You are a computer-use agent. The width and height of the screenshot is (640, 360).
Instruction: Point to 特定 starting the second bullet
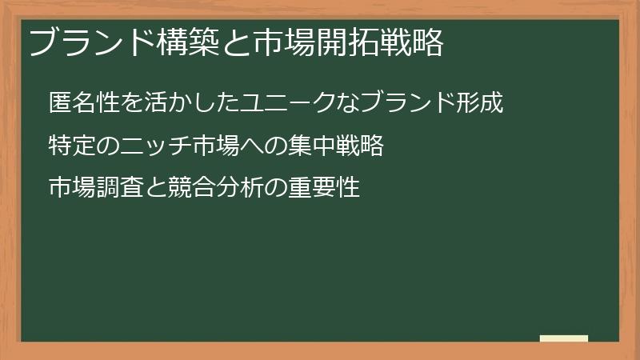73,146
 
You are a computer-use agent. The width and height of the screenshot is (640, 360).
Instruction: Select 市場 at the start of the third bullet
73,188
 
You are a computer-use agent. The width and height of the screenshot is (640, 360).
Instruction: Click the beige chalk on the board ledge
564,338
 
